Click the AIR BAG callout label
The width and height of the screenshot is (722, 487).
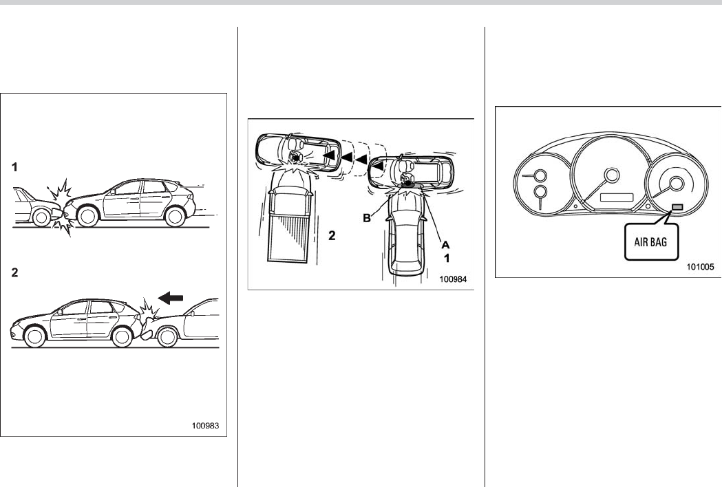click(x=650, y=241)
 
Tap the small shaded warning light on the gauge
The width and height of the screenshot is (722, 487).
click(x=677, y=207)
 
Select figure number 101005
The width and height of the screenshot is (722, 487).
click(x=701, y=266)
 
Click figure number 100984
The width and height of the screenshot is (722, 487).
click(x=453, y=279)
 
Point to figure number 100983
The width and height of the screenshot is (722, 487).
click(x=205, y=426)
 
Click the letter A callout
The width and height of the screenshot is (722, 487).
click(x=445, y=245)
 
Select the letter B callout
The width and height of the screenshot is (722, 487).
click(x=367, y=218)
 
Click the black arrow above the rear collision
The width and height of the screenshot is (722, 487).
click(x=171, y=299)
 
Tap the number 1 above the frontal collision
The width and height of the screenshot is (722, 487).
click(x=14, y=167)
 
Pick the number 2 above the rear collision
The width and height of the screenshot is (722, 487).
click(x=14, y=272)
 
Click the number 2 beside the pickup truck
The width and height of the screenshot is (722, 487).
click(x=332, y=236)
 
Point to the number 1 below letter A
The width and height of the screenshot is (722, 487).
click(x=446, y=258)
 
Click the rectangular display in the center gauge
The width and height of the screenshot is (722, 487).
click(x=617, y=197)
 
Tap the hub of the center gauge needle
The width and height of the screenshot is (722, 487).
click(x=612, y=175)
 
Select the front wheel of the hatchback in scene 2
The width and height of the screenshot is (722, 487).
click(x=35, y=336)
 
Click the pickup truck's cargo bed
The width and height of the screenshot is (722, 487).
click(x=288, y=235)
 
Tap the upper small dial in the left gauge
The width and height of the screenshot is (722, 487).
click(x=540, y=176)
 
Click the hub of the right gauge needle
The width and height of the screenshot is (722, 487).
click(x=676, y=184)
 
